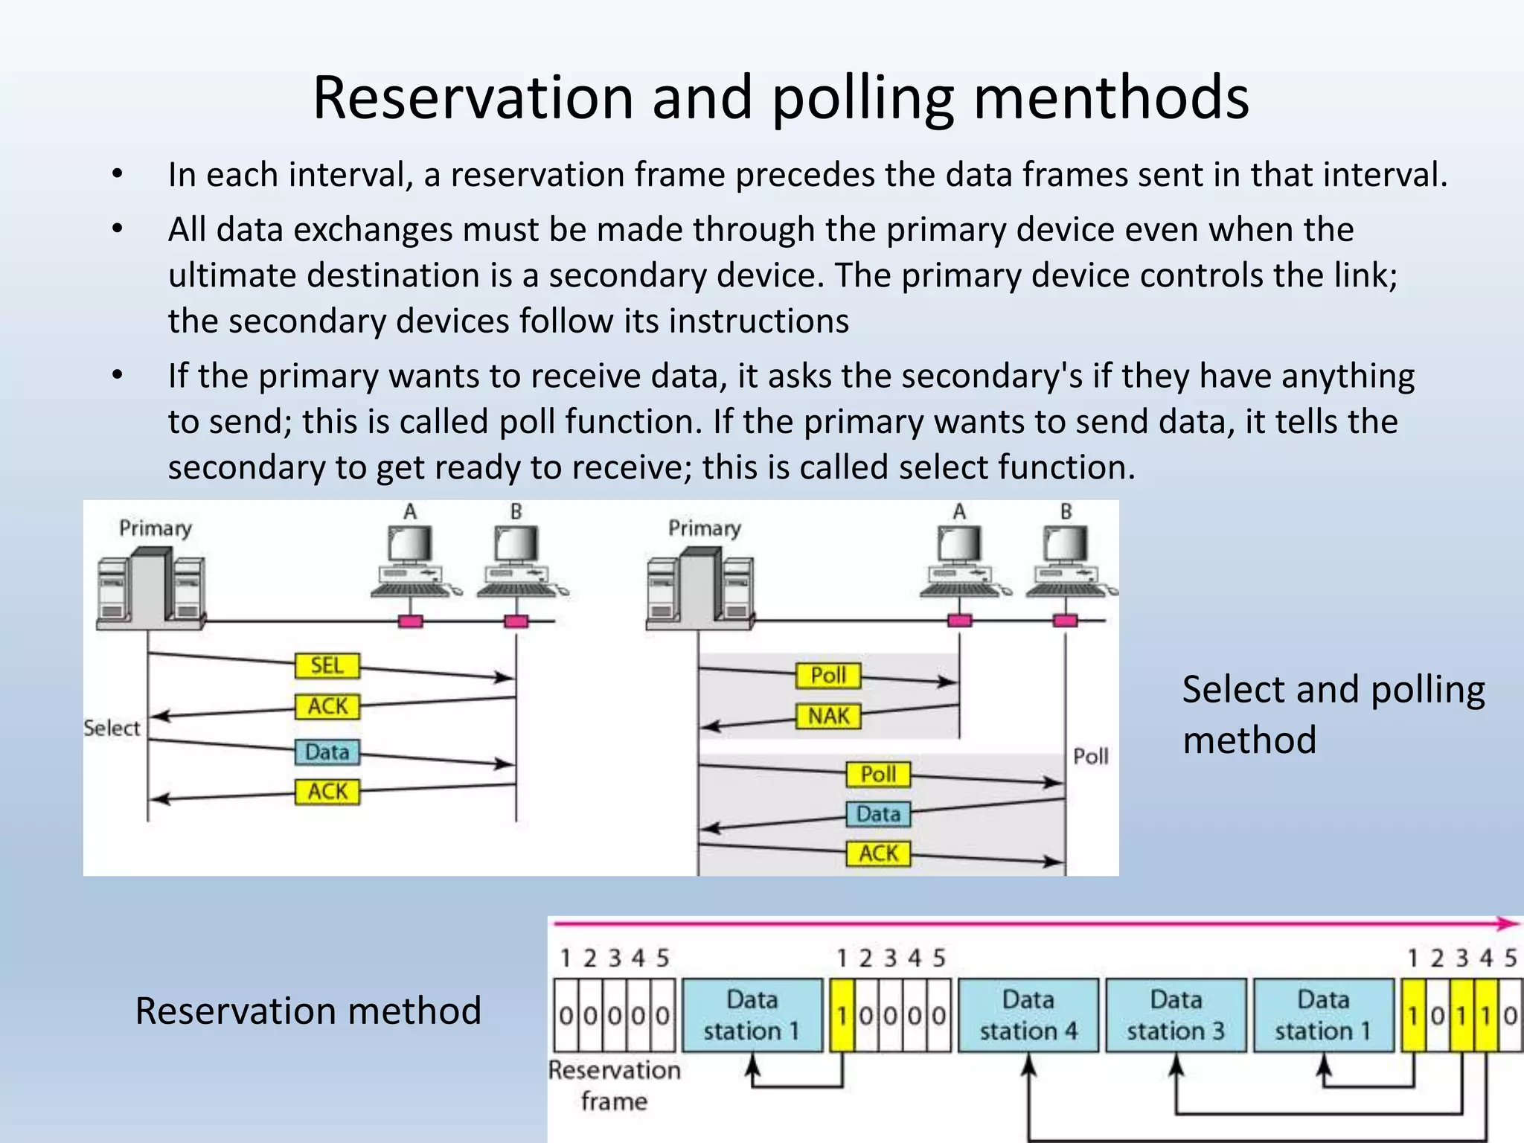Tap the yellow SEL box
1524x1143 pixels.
click(x=327, y=665)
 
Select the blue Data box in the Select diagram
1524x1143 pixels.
click(x=327, y=752)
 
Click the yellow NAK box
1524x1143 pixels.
click(x=828, y=716)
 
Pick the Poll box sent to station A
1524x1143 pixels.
click(x=828, y=675)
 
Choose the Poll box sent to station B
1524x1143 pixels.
click(x=878, y=775)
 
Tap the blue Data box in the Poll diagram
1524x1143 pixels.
click(x=878, y=814)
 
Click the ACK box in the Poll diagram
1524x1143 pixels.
click(x=878, y=854)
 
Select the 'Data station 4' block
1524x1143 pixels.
click(x=1028, y=1015)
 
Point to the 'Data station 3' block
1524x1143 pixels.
click(x=1176, y=1015)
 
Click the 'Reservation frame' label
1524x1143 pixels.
click(x=614, y=1085)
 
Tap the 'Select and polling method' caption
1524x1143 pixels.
click(x=1332, y=714)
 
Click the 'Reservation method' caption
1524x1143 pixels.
click(x=308, y=1011)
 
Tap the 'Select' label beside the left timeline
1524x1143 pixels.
click(x=112, y=728)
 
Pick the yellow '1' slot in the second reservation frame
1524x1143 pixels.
click(x=842, y=1015)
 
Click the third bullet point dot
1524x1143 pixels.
click(x=117, y=375)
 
